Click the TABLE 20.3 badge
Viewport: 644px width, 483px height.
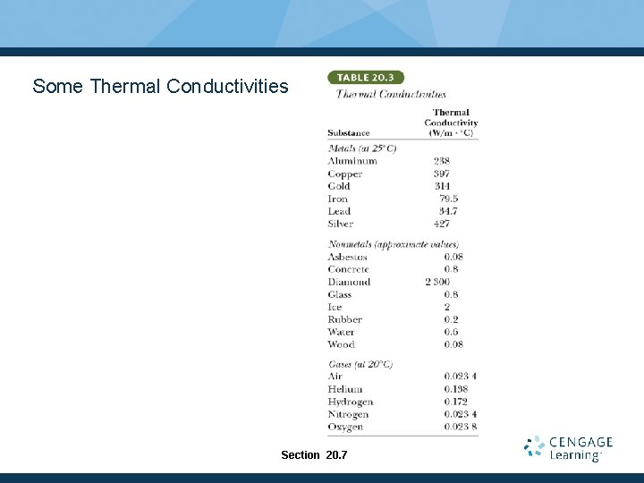coord(366,78)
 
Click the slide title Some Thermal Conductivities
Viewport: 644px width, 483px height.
coord(160,87)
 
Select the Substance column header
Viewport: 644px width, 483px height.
coord(348,133)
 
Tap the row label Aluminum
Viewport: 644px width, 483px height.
coord(352,161)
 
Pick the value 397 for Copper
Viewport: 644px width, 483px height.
coord(441,174)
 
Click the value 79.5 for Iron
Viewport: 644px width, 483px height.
coord(448,199)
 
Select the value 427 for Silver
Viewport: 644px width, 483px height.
coord(441,224)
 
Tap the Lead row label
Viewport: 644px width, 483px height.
coord(339,211)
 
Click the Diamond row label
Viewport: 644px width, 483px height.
coord(349,282)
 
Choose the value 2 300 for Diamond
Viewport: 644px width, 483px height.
coord(437,282)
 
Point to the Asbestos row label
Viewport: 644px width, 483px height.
coord(347,257)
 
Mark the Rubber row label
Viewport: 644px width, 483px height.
coord(344,319)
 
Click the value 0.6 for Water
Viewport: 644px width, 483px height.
coord(451,332)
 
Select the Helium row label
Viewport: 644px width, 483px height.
coord(344,389)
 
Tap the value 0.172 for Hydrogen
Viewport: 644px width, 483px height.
coord(455,402)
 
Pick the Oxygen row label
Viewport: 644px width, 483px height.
coord(345,427)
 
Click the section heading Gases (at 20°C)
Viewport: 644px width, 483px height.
coord(360,364)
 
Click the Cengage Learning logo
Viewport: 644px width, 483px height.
coord(568,448)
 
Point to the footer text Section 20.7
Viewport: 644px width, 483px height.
coord(314,455)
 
